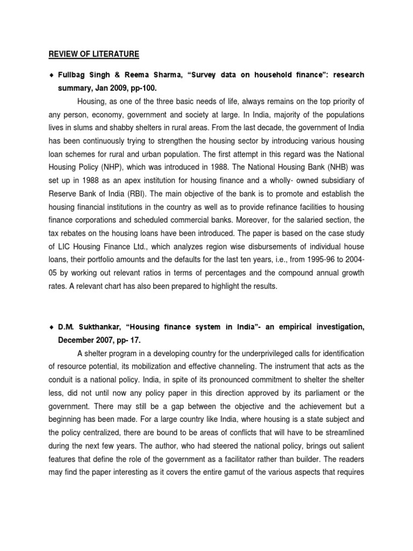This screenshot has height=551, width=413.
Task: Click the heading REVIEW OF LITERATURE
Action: click(x=94, y=54)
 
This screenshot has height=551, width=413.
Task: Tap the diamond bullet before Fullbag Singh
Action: click(x=49, y=75)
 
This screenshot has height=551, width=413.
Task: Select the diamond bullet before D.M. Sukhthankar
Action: click(x=49, y=327)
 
